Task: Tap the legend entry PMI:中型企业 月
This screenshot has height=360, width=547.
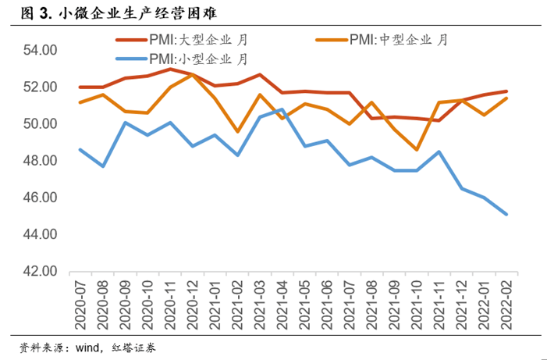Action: (x=382, y=39)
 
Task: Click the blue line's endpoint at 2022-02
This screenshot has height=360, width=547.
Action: (x=507, y=214)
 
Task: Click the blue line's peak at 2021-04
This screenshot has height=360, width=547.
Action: (x=282, y=109)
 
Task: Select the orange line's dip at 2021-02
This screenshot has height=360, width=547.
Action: (x=237, y=131)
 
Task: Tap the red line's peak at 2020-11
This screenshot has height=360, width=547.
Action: (x=170, y=69)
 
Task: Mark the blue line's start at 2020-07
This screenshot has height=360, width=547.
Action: (x=80, y=150)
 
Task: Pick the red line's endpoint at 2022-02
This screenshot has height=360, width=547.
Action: (x=507, y=91)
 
